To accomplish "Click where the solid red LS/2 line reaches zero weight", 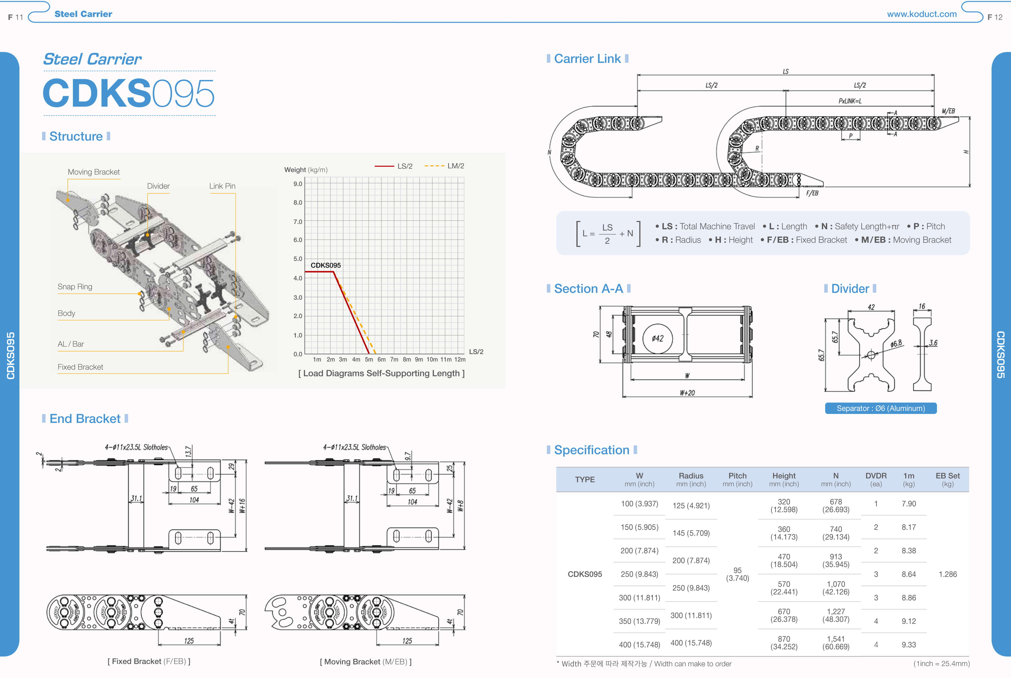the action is (x=369, y=354).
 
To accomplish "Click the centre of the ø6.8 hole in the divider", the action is (x=871, y=355).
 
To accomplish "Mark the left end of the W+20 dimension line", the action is (x=622, y=396).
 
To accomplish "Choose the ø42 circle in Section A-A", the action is (x=657, y=338).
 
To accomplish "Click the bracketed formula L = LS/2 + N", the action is (x=608, y=234).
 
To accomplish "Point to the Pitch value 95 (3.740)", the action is (x=737, y=574).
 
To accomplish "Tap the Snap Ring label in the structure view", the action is (x=75, y=287).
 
